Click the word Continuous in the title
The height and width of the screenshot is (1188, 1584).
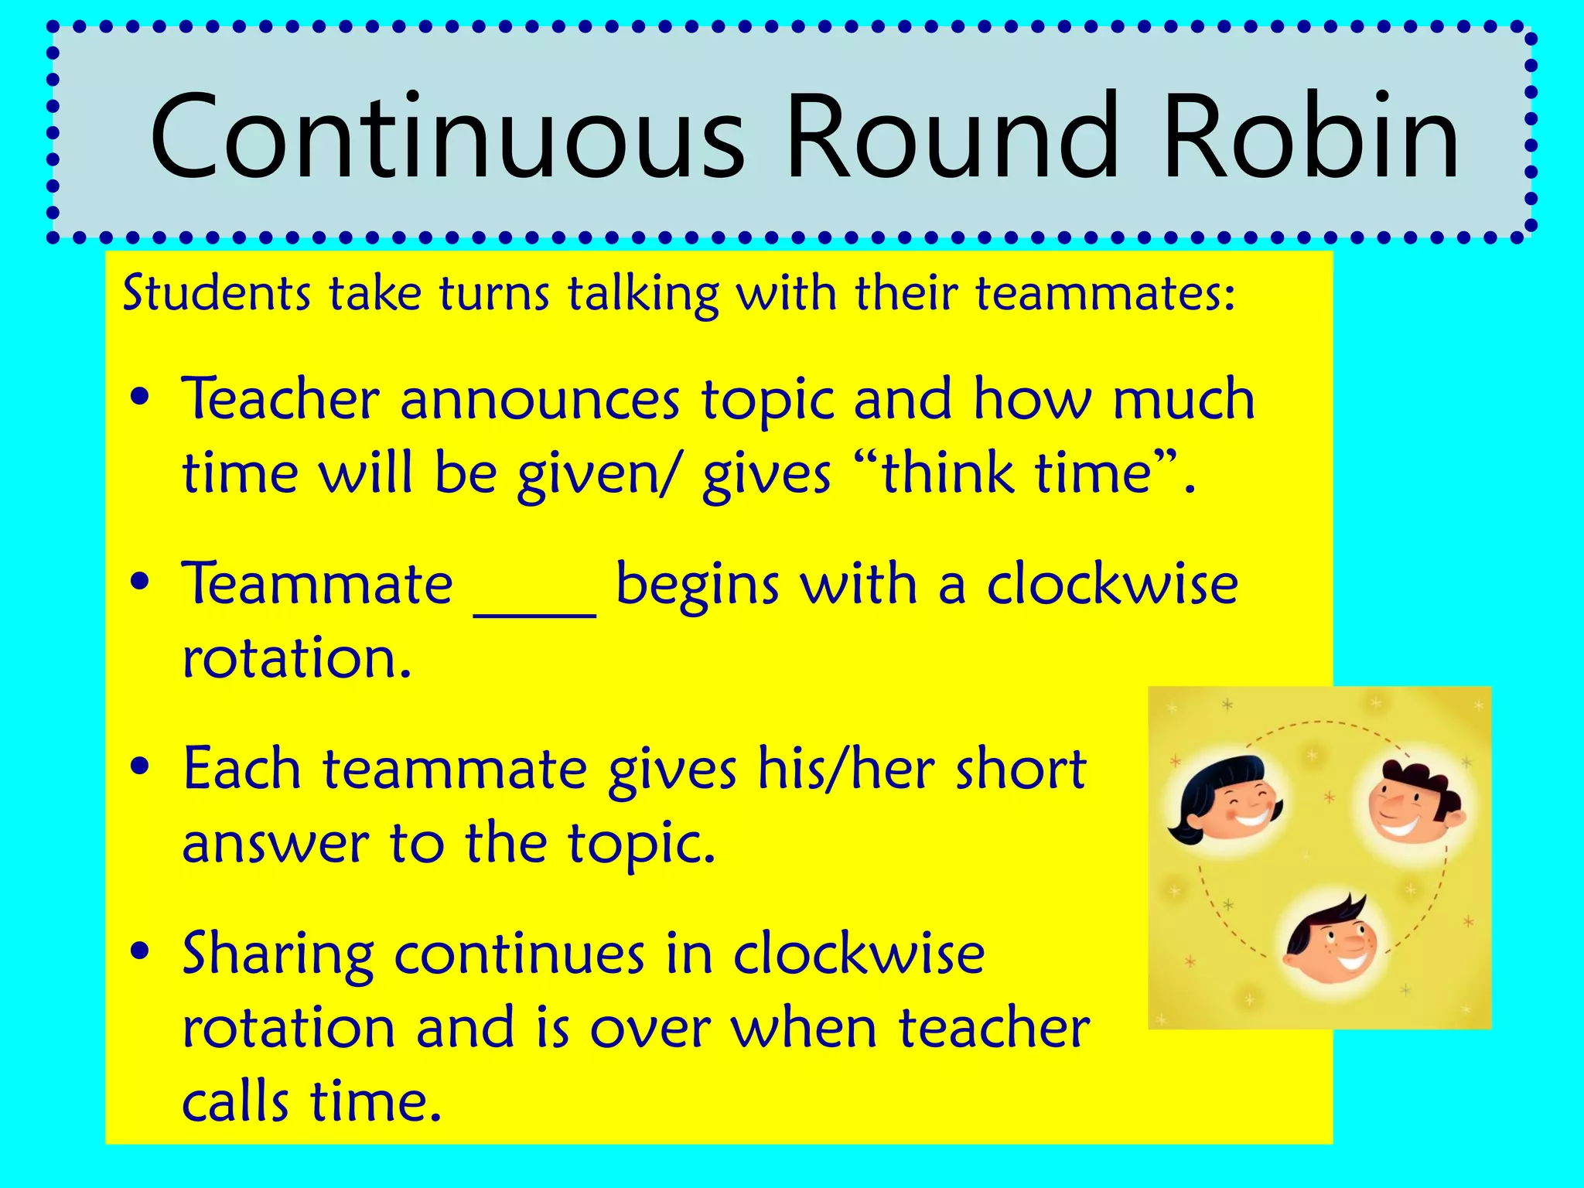447,137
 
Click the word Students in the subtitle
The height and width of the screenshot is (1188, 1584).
217,294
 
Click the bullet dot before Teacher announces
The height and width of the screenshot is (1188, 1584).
140,399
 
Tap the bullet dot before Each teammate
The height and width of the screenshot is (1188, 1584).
140,768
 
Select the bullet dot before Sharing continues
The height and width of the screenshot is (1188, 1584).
140,952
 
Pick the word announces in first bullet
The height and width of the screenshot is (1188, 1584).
540,401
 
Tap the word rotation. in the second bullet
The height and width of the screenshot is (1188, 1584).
296,659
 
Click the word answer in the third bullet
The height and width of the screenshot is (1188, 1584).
275,843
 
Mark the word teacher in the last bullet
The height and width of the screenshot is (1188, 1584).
994,1028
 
